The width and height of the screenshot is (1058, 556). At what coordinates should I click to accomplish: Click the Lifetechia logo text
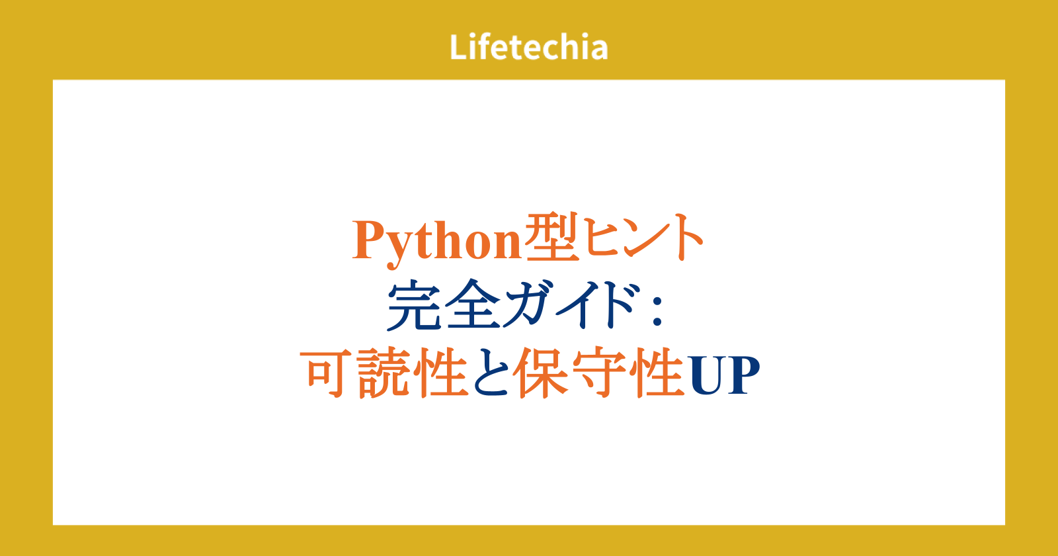click(x=528, y=47)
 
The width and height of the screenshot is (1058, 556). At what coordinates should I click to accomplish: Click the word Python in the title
click(x=437, y=241)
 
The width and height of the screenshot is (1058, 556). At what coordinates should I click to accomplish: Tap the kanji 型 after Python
click(x=552, y=238)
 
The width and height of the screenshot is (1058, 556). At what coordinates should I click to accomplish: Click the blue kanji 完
click(x=414, y=305)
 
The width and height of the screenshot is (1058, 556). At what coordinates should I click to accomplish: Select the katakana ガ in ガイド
click(x=531, y=305)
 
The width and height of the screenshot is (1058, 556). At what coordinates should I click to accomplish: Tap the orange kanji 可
click(x=327, y=373)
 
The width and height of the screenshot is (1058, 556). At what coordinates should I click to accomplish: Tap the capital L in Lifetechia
click(x=459, y=47)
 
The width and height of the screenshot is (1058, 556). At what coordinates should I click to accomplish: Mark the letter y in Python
click(x=401, y=249)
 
